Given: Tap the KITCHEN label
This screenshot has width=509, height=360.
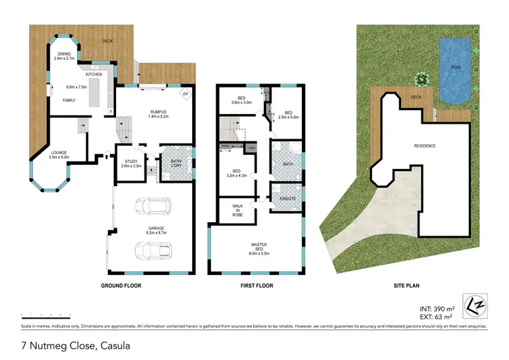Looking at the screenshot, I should coord(94,74).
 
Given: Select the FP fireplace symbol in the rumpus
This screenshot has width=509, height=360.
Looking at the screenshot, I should coord(186,94).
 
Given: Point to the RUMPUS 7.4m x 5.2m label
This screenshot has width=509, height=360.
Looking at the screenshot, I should coord(157,114).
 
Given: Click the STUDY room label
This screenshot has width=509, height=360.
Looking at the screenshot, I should coord(131,163).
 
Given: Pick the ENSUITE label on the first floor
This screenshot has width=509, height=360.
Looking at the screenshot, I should coord(286,198).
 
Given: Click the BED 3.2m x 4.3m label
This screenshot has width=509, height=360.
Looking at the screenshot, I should coord(237,173).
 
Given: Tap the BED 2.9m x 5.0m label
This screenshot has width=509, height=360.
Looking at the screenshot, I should coord(288,115).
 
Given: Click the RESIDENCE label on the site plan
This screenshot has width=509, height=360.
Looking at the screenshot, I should coord(425,146).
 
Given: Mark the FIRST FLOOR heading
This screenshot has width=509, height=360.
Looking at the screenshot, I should coord(257,286).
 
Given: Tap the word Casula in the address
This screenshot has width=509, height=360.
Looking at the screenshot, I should coord(110,346).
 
